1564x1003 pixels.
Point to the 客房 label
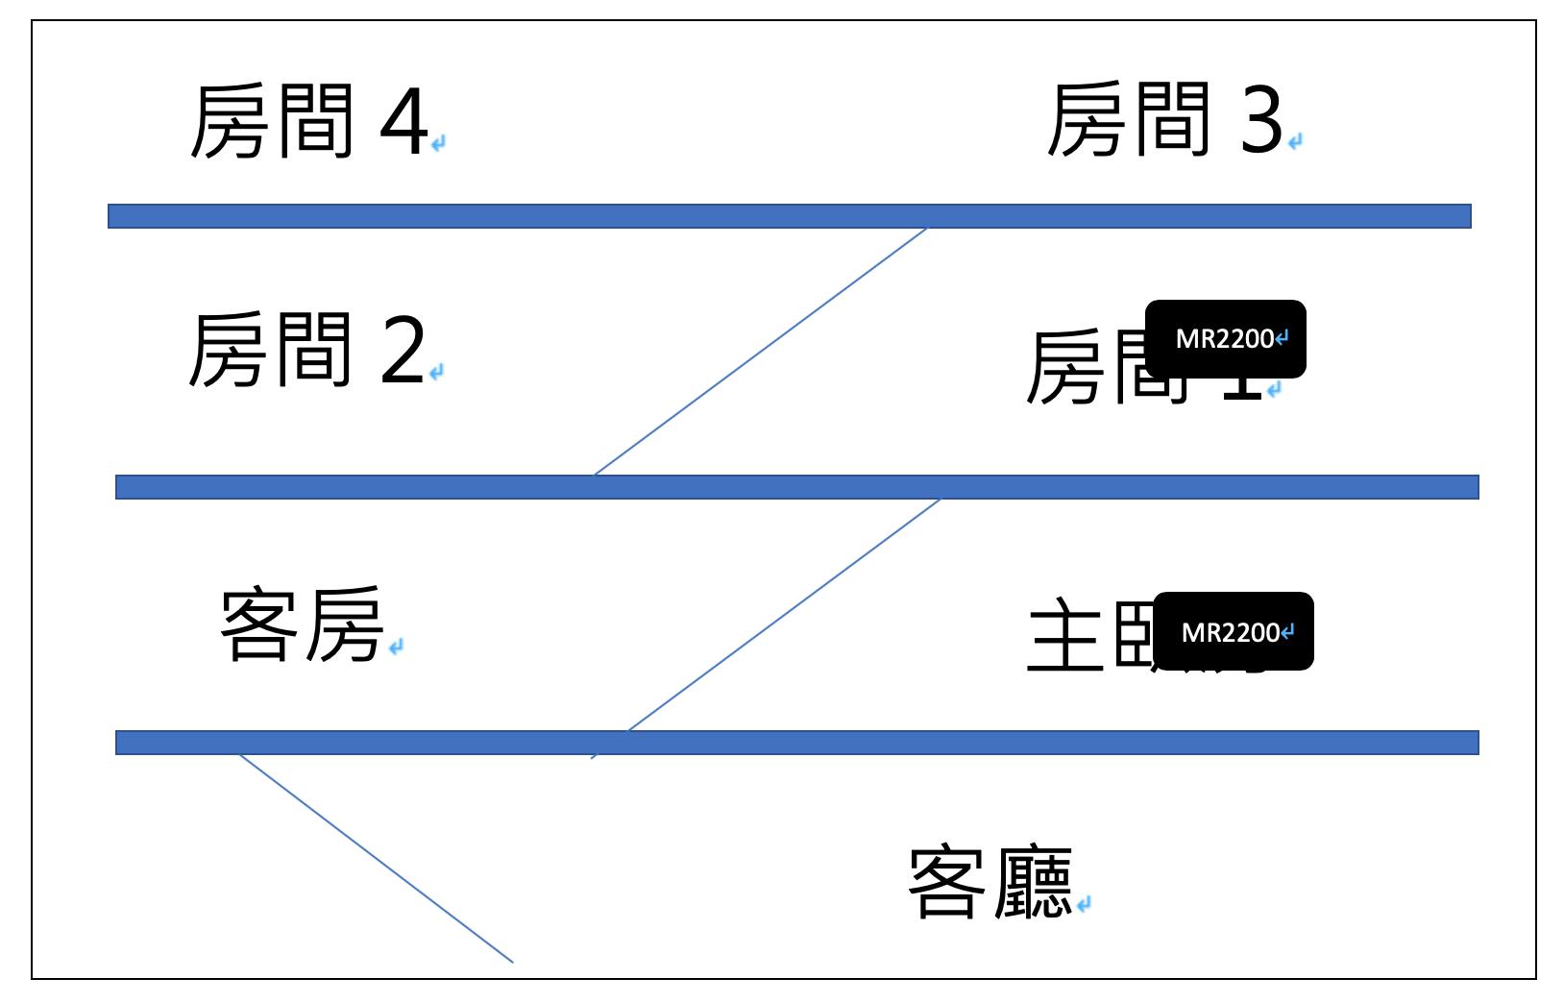(302, 625)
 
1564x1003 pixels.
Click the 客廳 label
(990, 883)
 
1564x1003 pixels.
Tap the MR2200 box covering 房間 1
(1226, 339)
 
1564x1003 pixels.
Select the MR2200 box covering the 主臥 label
(1233, 631)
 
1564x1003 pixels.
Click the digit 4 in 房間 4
(403, 123)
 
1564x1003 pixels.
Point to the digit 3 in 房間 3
(1260, 121)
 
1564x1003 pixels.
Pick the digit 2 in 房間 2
(403, 353)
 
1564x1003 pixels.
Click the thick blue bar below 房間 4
(788, 216)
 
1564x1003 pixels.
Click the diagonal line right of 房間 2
(760, 352)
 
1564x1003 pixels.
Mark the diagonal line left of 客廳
(376, 858)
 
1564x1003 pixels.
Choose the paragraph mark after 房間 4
(438, 144)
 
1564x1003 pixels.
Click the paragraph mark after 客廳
(1084, 904)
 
